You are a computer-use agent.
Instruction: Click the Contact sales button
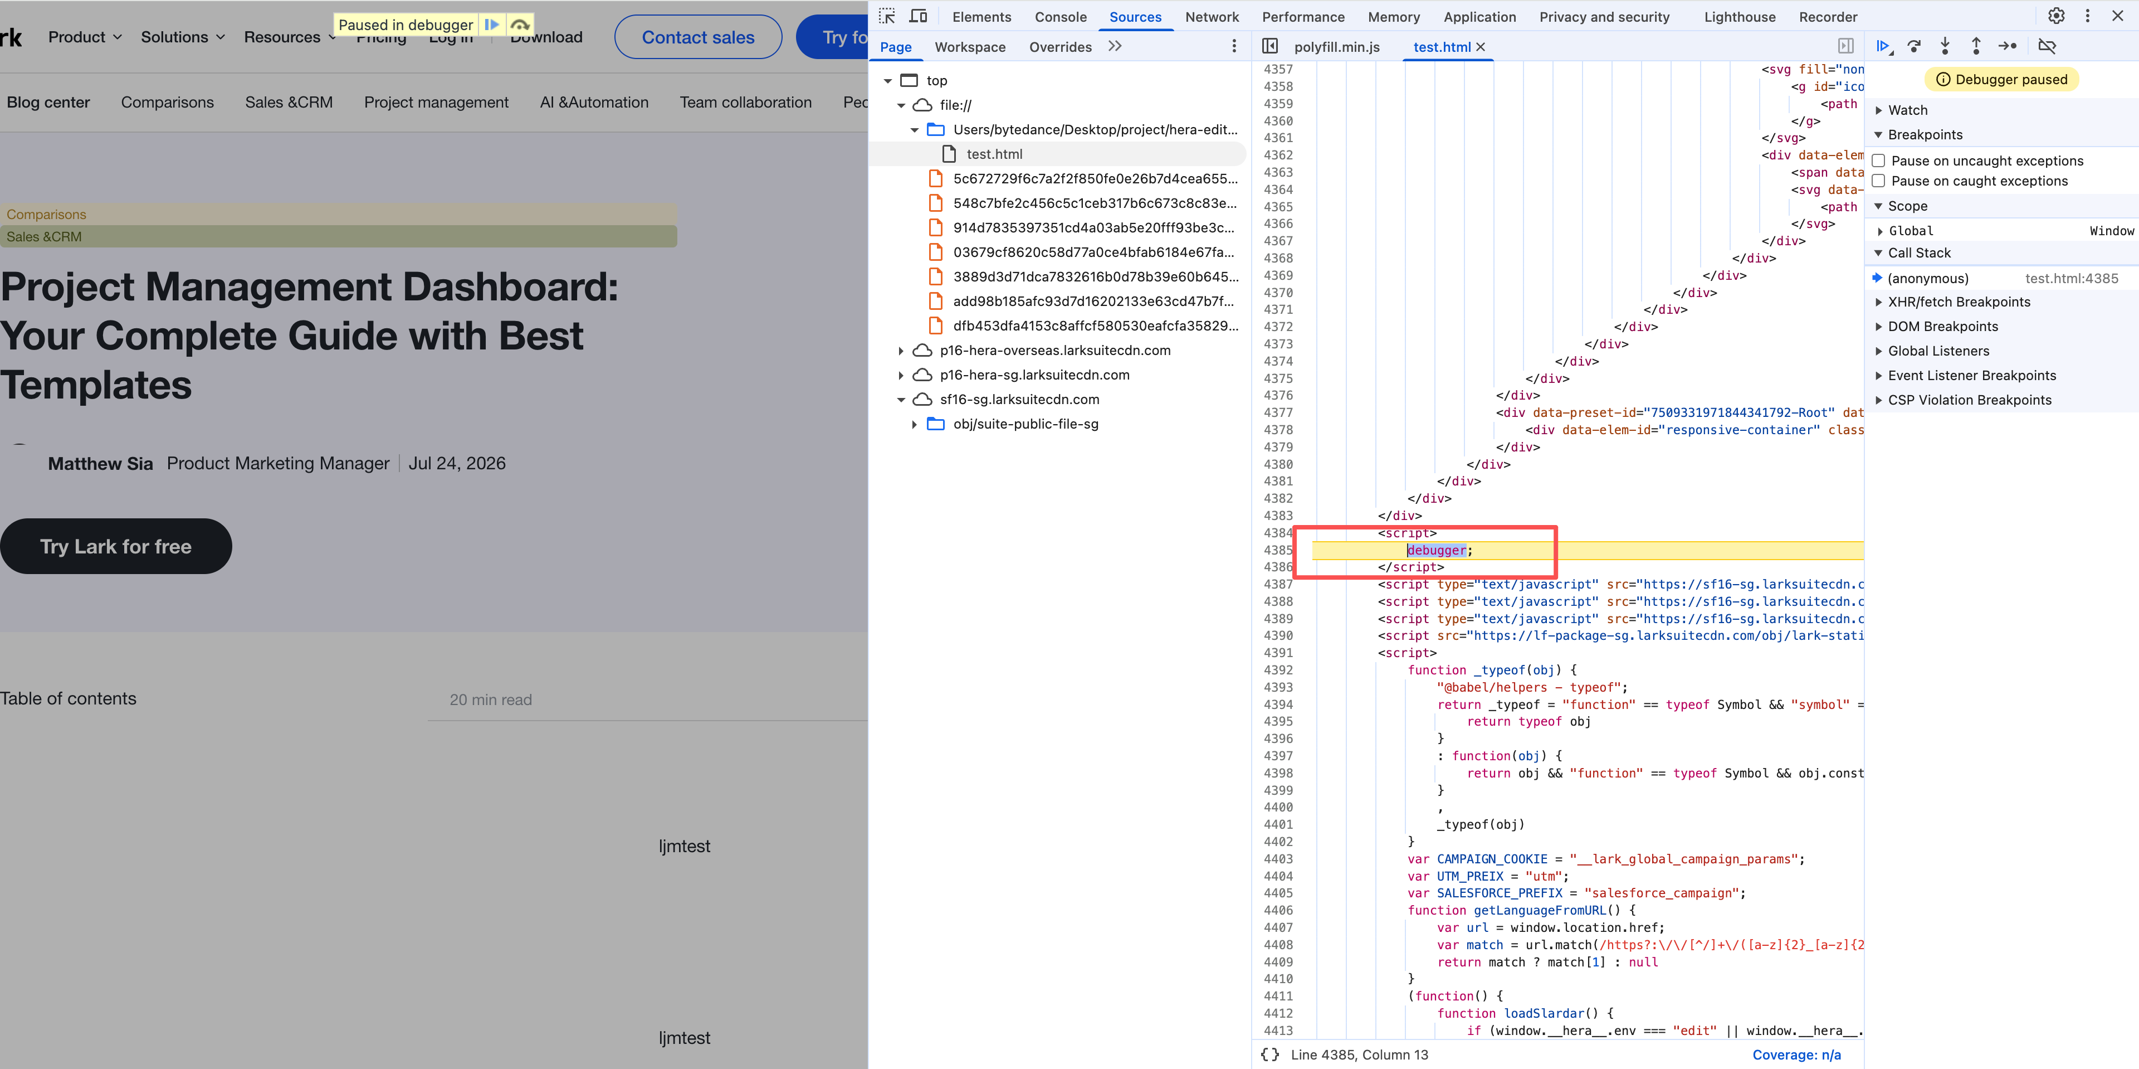tap(697, 37)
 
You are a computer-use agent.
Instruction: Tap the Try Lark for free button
tap(115, 547)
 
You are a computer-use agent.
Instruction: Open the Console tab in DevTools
tap(1061, 17)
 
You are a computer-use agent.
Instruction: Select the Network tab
tap(1212, 17)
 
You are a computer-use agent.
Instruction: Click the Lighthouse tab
tap(1740, 17)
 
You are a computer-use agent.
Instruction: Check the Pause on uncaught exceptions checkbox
tap(1878, 161)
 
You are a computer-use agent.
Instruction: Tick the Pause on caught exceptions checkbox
tap(1878, 181)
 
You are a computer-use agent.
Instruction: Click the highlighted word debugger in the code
tap(1435, 550)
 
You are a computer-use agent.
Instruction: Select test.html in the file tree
tap(994, 154)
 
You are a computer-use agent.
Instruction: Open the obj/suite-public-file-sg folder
tap(1025, 424)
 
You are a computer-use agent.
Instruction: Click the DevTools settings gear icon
tap(2056, 16)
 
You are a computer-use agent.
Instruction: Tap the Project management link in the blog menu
tap(436, 102)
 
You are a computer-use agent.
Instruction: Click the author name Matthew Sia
tap(100, 464)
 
